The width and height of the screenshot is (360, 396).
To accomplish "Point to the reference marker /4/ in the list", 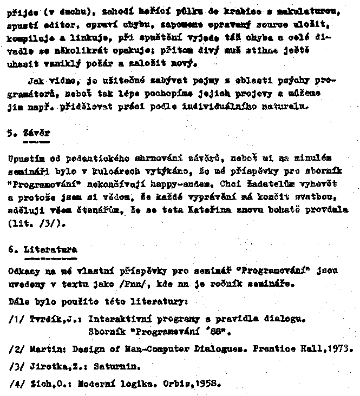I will coord(16,385).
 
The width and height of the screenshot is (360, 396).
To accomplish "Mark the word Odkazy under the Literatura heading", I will coord(23,270).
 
